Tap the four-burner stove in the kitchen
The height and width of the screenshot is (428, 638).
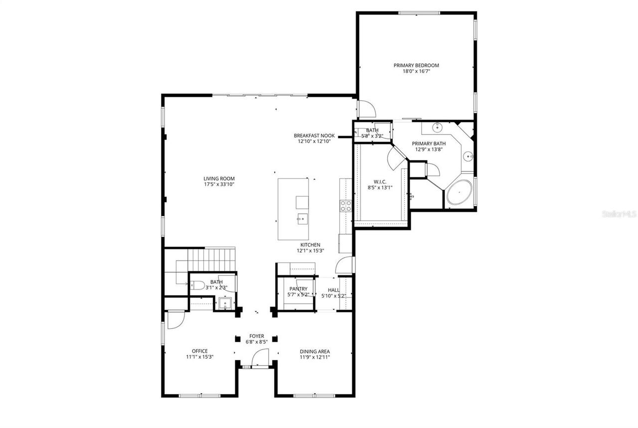(x=345, y=206)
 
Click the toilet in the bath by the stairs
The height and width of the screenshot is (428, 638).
(x=197, y=286)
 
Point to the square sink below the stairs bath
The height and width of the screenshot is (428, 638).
(x=225, y=303)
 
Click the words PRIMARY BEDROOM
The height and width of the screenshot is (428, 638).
(x=416, y=65)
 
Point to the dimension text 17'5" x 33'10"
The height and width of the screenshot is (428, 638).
(x=219, y=184)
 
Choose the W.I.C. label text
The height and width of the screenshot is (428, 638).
(x=380, y=181)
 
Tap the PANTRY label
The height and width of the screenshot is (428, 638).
(x=298, y=289)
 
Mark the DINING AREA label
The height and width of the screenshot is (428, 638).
(x=315, y=351)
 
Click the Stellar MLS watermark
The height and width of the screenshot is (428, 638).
(x=619, y=214)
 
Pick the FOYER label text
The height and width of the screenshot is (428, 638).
(x=257, y=336)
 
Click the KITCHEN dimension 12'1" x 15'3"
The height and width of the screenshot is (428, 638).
(x=310, y=251)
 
